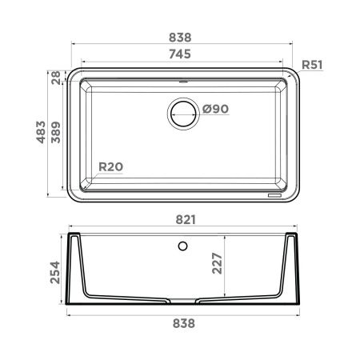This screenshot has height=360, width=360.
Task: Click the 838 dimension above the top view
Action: point(180,38)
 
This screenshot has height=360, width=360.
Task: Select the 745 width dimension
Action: point(180,54)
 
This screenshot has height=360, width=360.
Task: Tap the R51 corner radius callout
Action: point(312,65)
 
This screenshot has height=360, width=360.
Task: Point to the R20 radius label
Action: point(110,167)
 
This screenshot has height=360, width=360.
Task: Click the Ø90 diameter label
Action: point(215,109)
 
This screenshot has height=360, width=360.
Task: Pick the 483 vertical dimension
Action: point(41,132)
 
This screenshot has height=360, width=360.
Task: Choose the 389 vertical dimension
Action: point(56,132)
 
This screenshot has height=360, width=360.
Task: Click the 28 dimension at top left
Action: point(56,78)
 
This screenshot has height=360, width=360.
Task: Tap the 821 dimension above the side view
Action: point(186,220)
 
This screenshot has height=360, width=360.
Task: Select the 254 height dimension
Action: point(55,272)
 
